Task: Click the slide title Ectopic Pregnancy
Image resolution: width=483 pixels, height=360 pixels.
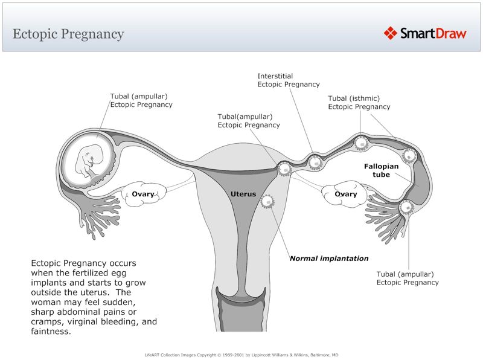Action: (68, 34)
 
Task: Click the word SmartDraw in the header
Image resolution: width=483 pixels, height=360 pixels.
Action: (433, 33)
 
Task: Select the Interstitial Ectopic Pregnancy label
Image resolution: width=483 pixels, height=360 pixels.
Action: (288, 80)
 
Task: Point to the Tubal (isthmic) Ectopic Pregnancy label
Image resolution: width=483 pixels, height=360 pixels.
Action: (359, 103)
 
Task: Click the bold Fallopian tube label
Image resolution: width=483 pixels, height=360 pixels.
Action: (381, 170)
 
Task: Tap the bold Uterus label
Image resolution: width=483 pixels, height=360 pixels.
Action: (243, 194)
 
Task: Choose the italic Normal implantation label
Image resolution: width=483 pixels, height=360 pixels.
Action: (329, 259)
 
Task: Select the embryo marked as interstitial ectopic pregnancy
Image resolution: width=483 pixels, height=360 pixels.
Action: (315, 162)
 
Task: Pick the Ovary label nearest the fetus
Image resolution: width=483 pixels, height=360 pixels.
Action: (143, 194)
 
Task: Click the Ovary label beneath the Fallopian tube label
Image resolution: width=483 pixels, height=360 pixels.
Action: (345, 194)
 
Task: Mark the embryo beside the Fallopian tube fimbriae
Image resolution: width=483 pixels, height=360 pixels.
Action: (406, 208)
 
